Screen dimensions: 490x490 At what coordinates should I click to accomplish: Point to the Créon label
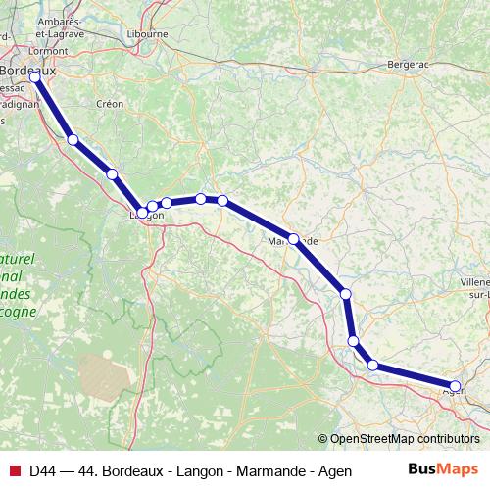[x=110, y=103]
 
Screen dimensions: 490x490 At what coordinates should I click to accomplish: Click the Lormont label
[x=21, y=50]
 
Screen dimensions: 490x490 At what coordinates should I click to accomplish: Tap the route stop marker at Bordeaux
[x=35, y=75]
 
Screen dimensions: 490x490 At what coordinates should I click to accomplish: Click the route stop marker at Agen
[x=455, y=386]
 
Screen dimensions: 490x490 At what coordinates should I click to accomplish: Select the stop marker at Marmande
[x=293, y=238]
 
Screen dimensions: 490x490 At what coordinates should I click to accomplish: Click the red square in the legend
[x=15, y=470]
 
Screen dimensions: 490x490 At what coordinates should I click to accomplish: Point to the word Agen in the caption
[x=335, y=471]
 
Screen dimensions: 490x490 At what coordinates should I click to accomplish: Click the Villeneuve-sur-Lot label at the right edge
[x=474, y=286]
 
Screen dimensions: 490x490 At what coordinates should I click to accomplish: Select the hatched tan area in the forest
[x=102, y=376]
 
